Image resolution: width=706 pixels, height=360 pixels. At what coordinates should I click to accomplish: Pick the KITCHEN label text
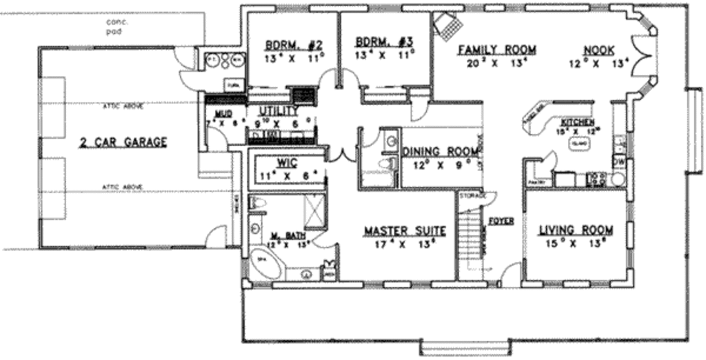pyautogui.click(x=576, y=121)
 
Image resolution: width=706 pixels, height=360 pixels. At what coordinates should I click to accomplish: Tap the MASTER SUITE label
pyautogui.click(x=405, y=230)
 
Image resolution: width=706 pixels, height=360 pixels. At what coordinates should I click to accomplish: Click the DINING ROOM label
pyautogui.click(x=441, y=152)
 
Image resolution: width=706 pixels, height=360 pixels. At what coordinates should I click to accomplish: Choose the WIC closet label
pyautogui.click(x=287, y=163)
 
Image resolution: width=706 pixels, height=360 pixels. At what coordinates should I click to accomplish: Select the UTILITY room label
pyautogui.click(x=279, y=110)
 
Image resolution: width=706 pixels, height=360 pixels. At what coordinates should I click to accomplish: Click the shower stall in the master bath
pyautogui.click(x=316, y=211)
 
